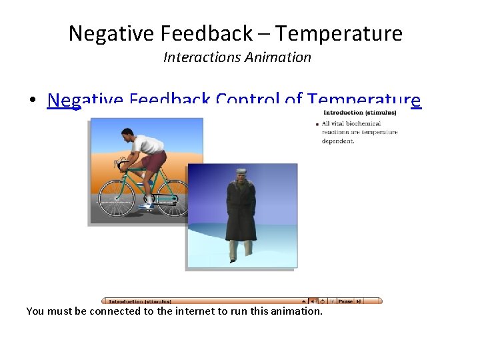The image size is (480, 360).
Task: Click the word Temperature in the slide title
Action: click(339, 33)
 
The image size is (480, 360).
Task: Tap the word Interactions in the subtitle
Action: click(202, 57)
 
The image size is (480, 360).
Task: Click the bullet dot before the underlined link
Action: click(32, 101)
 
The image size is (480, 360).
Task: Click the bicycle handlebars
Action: click(121, 163)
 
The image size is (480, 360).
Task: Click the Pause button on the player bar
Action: click(345, 301)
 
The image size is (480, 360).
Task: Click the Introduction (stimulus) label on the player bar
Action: click(140, 301)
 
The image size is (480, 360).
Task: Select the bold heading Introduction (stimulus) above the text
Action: click(359, 113)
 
